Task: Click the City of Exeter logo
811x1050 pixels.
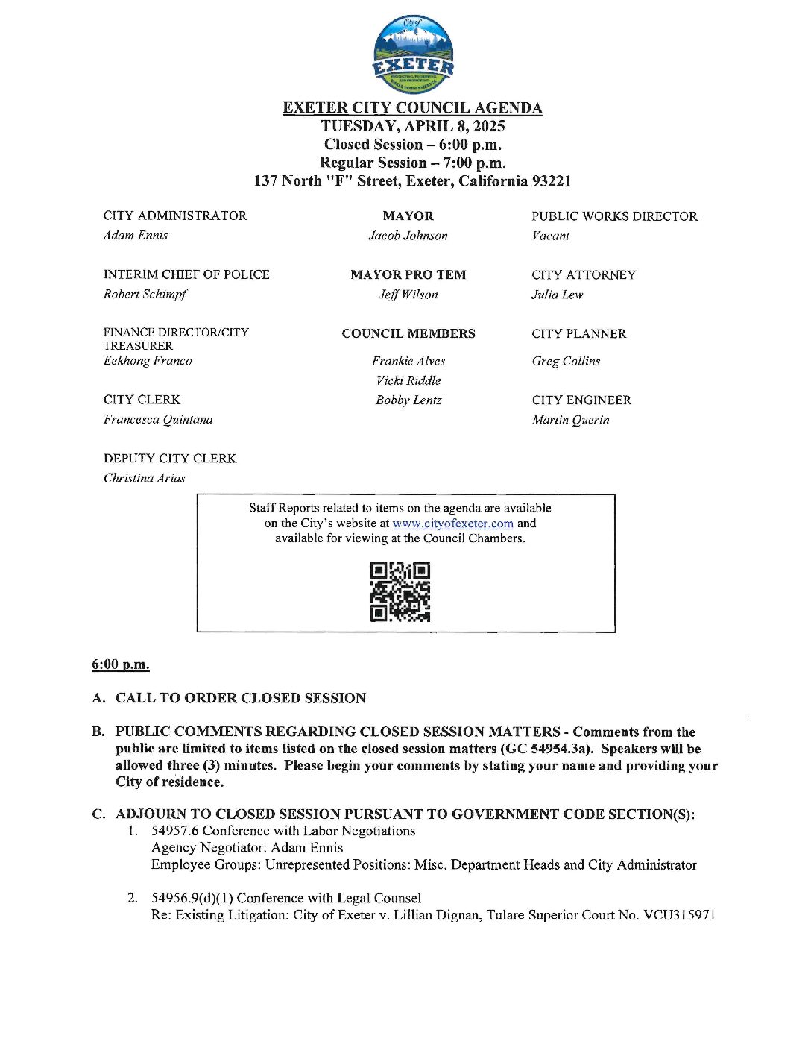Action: [x=413, y=56]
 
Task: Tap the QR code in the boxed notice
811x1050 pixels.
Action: [x=400, y=592]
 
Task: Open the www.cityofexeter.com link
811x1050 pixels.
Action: [x=452, y=524]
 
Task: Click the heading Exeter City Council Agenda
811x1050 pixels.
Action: [x=412, y=108]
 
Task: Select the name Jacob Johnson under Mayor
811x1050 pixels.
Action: [x=408, y=236]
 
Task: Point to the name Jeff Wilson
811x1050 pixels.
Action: [x=408, y=295]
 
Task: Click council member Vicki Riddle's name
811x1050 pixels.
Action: [x=408, y=380]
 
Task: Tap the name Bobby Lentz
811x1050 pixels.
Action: [x=408, y=400]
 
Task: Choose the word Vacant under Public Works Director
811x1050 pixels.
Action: [x=550, y=236]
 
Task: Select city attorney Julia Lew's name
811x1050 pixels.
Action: [x=557, y=295]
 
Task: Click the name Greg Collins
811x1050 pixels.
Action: [x=566, y=361]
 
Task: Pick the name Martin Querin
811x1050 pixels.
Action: [x=570, y=420]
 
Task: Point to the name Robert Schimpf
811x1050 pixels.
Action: [x=145, y=295]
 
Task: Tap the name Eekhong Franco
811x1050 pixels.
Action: [x=148, y=361]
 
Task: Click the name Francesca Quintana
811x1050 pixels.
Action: [x=158, y=420]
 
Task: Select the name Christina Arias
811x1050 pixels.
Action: [x=145, y=478]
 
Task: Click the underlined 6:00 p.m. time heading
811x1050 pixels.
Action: [x=121, y=664]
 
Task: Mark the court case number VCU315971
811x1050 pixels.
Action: [x=679, y=915]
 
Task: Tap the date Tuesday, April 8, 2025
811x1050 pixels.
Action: [x=413, y=126]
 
